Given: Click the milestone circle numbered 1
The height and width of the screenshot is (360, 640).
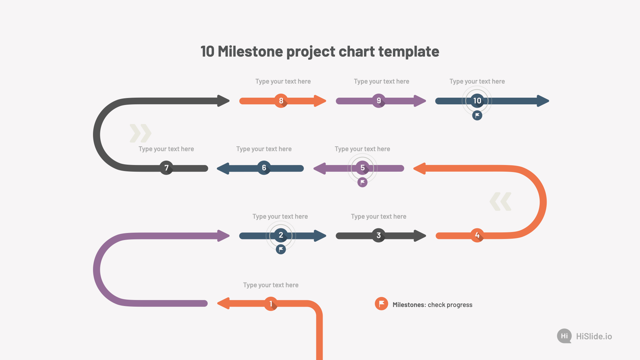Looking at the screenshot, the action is click(x=271, y=304).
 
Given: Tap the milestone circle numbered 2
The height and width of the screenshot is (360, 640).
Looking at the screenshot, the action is click(x=281, y=235).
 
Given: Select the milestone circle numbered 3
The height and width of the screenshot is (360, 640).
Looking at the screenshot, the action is click(x=379, y=235).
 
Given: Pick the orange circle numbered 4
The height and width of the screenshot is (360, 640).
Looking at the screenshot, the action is click(x=477, y=235).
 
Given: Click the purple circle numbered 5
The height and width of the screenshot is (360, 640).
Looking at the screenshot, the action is click(x=362, y=168).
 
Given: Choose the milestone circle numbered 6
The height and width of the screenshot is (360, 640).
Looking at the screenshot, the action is click(x=264, y=168).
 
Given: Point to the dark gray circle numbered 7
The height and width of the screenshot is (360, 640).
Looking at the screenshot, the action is click(x=166, y=168).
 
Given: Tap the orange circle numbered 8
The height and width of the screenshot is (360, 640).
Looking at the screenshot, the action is click(x=281, y=101).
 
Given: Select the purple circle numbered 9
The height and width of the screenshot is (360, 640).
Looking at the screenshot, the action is click(x=379, y=101).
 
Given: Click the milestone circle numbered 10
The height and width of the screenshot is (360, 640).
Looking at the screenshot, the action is click(x=477, y=101).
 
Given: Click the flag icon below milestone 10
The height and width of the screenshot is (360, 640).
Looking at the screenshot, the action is click(x=477, y=115).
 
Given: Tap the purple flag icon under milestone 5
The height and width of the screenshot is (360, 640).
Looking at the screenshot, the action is click(x=362, y=182).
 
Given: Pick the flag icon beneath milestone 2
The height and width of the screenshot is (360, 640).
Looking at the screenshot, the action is click(x=281, y=249).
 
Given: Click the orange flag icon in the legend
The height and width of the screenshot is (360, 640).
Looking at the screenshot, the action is click(x=381, y=304).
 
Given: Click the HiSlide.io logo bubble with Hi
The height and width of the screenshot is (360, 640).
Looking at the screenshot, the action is click(x=564, y=336).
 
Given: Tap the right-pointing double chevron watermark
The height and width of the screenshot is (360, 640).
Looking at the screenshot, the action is click(x=140, y=133).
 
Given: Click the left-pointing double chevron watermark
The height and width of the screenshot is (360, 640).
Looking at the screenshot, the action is click(x=500, y=201).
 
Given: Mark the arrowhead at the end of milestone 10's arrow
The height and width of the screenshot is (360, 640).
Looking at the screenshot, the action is click(x=543, y=101).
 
